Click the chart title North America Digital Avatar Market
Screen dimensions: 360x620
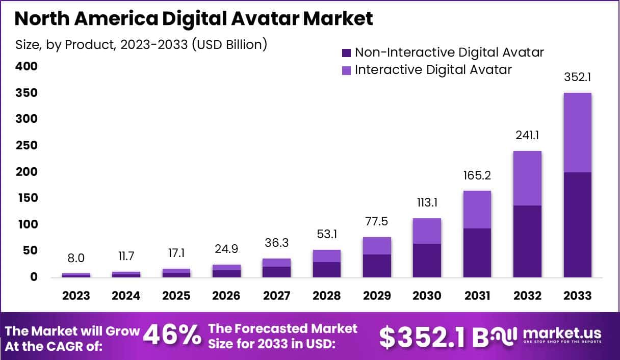(194, 18)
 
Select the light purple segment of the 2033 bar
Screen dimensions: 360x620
(577, 133)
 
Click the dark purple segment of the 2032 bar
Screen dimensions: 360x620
(527, 241)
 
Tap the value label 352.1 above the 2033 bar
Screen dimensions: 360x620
(577, 78)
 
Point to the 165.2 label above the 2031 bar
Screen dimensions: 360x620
(477, 176)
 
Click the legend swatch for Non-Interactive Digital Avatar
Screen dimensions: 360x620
(347, 53)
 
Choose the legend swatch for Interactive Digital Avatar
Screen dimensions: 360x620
(347, 70)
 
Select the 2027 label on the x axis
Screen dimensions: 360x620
(276, 296)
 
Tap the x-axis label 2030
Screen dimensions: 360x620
(427, 296)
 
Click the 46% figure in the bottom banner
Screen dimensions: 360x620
(172, 335)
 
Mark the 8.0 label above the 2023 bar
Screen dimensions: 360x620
(76, 259)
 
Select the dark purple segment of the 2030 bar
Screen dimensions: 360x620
(427, 260)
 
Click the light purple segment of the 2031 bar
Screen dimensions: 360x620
(477, 210)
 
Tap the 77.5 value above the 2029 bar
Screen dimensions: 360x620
(377, 222)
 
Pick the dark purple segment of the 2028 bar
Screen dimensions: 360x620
(326, 269)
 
